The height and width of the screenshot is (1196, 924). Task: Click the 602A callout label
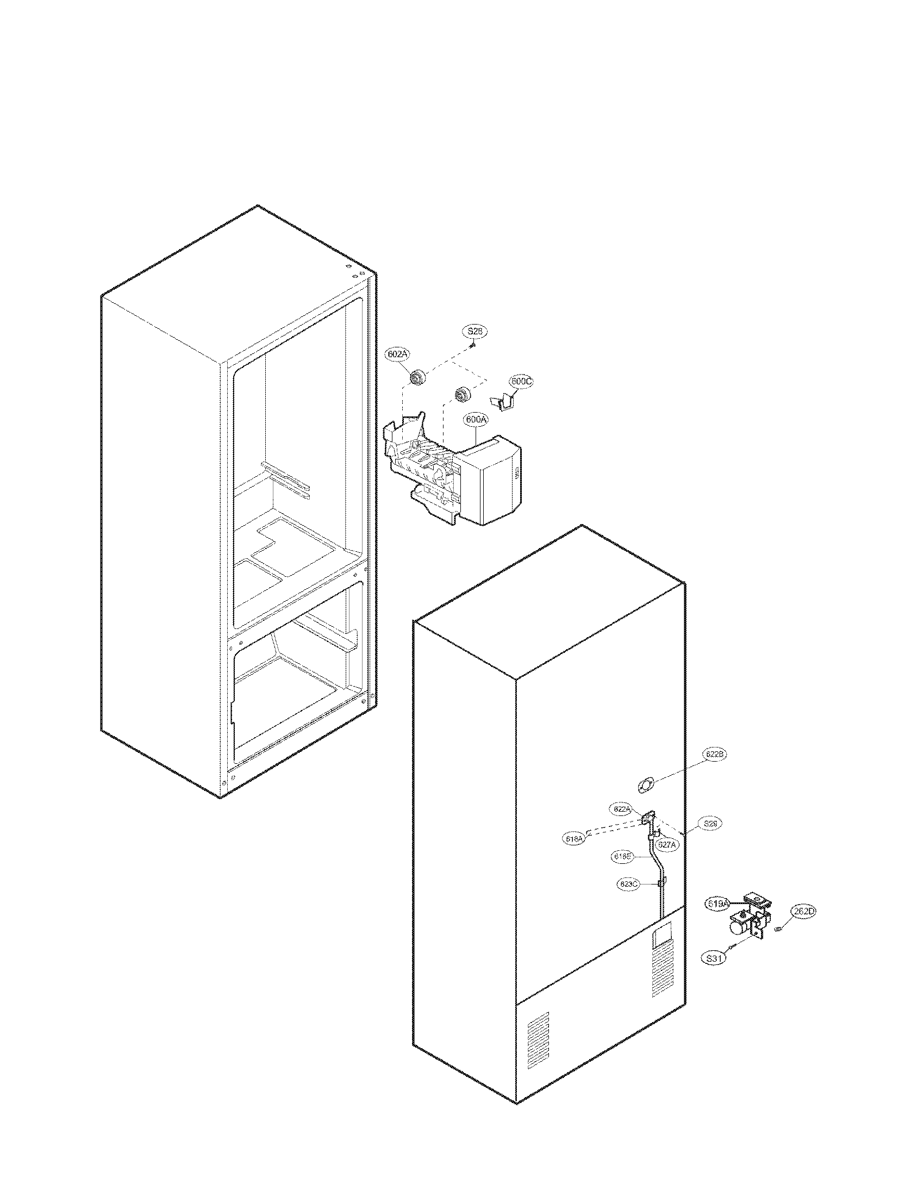[398, 354]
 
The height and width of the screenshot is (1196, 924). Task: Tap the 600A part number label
[476, 420]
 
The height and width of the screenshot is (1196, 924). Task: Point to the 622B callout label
[715, 754]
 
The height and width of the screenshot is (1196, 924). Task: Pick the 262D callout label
[803, 912]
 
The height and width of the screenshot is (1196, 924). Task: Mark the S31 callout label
[713, 958]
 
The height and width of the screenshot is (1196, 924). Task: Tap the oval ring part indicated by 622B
[646, 787]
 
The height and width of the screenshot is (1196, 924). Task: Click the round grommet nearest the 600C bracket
[463, 394]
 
